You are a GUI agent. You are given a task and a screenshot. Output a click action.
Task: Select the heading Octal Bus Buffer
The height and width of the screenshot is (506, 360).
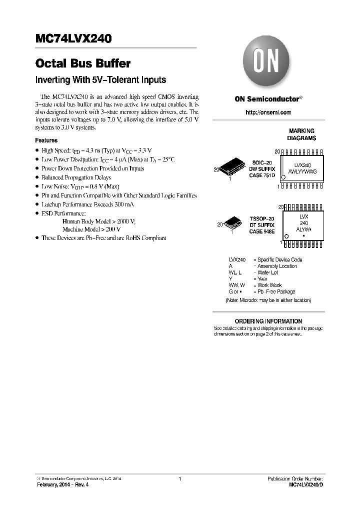(x=83, y=64)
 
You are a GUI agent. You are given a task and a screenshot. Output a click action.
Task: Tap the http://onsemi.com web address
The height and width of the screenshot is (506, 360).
(x=268, y=112)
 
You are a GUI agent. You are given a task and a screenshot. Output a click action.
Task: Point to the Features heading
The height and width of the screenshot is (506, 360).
(x=46, y=140)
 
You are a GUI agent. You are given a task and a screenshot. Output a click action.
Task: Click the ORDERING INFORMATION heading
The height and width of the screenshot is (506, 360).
(x=268, y=321)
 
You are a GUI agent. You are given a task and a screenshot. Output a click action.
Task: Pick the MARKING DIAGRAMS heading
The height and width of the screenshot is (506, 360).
(x=301, y=134)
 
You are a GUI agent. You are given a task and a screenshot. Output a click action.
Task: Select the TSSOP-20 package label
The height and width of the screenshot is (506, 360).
(x=262, y=219)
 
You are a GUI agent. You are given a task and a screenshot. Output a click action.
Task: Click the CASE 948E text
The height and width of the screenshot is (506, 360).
(x=262, y=231)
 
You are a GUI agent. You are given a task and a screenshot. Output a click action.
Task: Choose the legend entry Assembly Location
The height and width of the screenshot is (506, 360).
(x=277, y=266)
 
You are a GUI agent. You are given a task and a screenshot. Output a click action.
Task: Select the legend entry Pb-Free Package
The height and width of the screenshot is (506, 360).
(x=276, y=291)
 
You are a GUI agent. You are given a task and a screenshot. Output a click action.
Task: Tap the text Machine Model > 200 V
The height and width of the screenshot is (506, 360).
(x=91, y=229)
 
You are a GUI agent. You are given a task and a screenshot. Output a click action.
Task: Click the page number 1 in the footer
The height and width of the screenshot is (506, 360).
(x=179, y=479)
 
